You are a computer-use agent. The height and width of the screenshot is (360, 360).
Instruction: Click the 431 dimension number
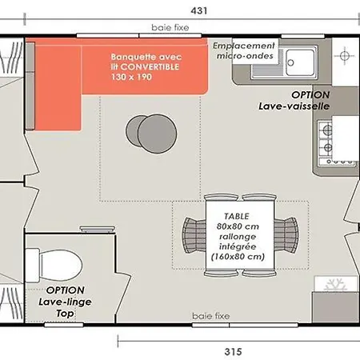coord(199,10)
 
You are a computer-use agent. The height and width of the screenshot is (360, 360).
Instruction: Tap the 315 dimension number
coord(233,352)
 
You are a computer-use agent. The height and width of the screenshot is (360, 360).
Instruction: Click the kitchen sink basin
coord(300,62)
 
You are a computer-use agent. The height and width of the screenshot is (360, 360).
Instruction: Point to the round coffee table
coord(151,134)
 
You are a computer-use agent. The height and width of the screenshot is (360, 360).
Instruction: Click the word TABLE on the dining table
coord(237,216)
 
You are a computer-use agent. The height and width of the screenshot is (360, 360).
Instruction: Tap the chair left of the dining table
coord(194,235)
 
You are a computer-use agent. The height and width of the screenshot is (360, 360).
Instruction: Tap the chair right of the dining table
coord(286,235)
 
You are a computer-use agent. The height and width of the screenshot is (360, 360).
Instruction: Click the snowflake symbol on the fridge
coord(336,285)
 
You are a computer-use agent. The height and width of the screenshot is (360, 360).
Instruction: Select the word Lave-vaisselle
coord(294,106)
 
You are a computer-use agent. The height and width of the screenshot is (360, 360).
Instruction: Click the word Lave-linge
coord(65,302)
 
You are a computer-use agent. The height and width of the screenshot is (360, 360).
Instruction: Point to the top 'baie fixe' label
coord(170,27)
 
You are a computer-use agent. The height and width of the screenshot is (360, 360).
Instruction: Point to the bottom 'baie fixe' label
coord(211,316)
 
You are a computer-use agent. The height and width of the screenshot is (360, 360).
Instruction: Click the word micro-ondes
coord(245,56)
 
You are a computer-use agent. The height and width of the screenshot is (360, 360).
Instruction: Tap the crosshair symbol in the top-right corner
coord(345,56)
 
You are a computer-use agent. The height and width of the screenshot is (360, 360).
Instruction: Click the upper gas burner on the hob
coord(327,130)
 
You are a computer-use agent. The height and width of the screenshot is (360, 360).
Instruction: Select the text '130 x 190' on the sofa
coord(131,77)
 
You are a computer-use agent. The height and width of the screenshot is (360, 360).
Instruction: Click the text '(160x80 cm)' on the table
coord(238,257)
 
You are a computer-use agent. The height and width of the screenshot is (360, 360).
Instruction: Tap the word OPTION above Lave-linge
coord(65,290)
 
